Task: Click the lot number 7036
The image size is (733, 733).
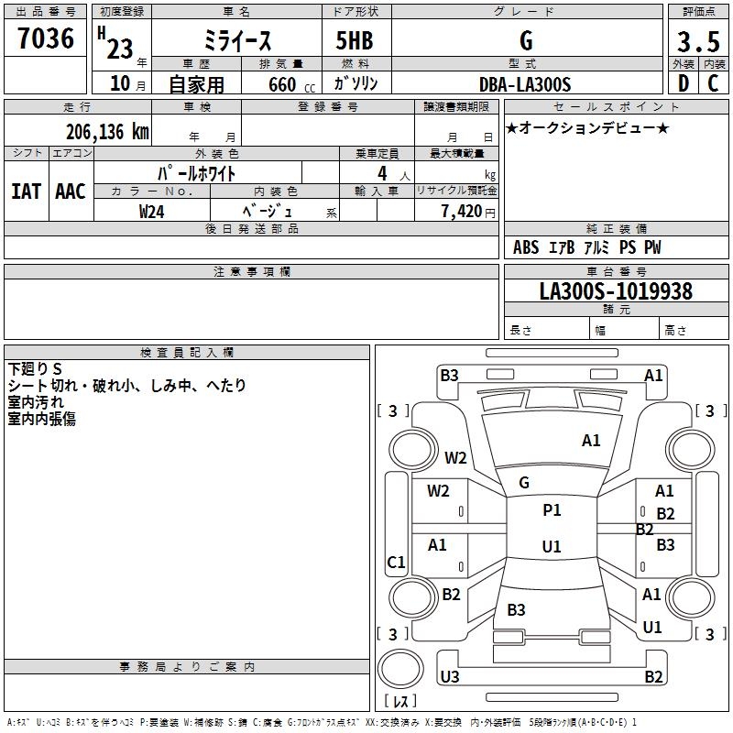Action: point(46,39)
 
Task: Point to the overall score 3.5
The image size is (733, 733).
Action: point(697,42)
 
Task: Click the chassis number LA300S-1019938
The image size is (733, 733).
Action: point(615,291)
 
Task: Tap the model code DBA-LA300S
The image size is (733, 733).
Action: point(525,84)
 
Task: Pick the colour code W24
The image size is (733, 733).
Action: point(152,212)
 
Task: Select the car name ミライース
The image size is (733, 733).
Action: point(235,41)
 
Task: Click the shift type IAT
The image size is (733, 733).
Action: point(26,191)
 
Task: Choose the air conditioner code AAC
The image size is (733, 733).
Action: point(71,191)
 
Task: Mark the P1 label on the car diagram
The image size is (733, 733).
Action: point(552,510)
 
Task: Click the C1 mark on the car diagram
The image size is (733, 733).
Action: point(396,563)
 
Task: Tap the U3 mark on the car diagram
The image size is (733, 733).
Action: point(449,677)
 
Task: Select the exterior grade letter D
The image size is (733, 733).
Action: point(683,84)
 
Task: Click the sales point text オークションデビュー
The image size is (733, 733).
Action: point(587,127)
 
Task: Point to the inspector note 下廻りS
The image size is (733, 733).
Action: point(35,369)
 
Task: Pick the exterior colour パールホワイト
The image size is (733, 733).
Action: point(198,172)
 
